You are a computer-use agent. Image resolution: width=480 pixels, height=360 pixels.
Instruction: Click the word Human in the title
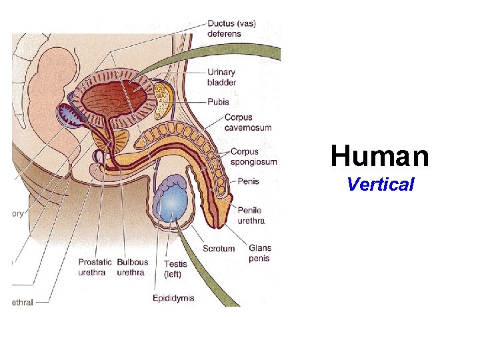379,157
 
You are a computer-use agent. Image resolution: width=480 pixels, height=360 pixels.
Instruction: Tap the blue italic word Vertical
380,185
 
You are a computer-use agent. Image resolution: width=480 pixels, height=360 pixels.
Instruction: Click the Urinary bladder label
221,77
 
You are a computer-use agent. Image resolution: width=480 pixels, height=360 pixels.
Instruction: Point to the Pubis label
218,102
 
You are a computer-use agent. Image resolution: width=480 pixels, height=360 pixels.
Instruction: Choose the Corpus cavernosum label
247,123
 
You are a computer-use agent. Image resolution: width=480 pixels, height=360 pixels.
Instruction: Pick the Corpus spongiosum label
254,157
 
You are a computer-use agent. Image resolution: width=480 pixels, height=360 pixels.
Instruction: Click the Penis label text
249,181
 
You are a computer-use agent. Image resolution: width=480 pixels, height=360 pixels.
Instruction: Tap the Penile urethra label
251,215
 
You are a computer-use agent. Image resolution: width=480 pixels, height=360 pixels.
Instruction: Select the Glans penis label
259,253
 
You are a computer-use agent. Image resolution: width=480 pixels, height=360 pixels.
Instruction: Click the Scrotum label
219,249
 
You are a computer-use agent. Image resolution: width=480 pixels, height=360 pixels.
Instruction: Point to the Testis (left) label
175,268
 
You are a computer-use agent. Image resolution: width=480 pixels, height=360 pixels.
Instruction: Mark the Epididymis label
173,298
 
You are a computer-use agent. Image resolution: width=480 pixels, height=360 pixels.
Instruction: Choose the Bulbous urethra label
132,267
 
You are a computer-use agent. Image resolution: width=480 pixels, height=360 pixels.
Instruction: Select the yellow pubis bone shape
163,97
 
